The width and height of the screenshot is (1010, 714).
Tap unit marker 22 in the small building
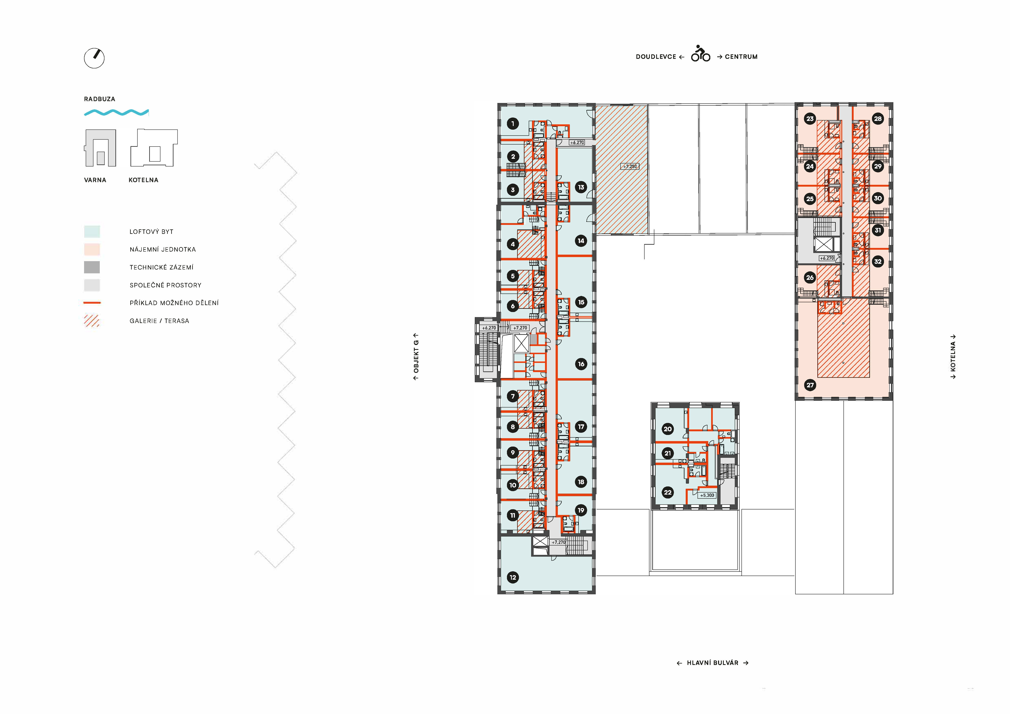pos(668,492)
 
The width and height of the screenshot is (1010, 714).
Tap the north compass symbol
pos(94,58)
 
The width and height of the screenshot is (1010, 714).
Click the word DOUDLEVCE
pos(656,57)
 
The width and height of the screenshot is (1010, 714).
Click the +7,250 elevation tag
pos(630,167)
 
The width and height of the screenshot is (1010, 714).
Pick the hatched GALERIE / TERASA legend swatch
pos(92,321)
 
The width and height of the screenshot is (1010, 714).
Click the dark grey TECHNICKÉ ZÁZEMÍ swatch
pos(92,267)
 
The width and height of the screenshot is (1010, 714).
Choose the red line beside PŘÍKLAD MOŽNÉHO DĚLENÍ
pos(92,302)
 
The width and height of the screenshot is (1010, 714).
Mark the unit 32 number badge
pos(878,262)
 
